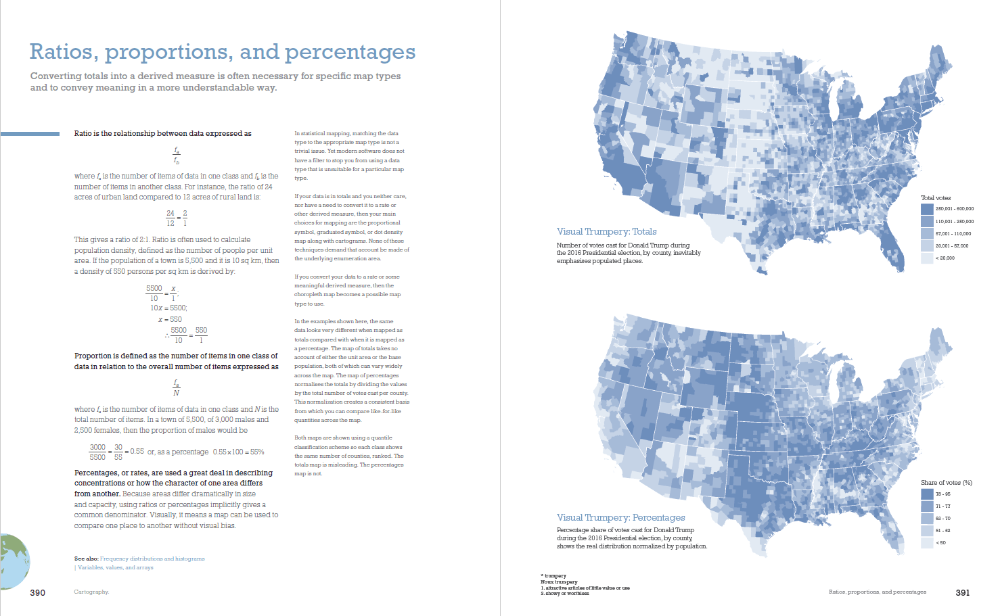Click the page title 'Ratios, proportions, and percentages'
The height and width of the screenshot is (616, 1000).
[x=223, y=52]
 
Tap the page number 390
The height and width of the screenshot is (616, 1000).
[x=38, y=592]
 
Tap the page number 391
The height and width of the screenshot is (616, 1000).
[x=962, y=592]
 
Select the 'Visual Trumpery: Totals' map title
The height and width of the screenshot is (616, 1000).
[x=606, y=231]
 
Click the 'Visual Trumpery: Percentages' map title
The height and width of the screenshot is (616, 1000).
[x=620, y=517]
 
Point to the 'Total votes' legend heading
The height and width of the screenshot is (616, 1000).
[x=935, y=198]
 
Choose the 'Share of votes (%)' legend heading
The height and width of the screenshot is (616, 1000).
[x=946, y=483]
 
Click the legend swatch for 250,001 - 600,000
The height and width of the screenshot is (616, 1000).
[x=927, y=209]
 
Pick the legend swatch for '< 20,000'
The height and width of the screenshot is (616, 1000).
[x=927, y=258]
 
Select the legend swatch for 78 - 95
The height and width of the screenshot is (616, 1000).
[x=927, y=494]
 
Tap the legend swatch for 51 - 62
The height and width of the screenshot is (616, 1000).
[x=927, y=530]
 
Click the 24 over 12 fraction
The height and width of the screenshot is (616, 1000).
[x=171, y=218]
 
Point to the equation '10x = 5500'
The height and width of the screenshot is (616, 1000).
[x=168, y=308]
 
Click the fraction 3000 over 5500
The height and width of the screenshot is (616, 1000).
[x=97, y=452]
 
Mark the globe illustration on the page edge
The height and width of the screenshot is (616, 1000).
[x=14, y=561]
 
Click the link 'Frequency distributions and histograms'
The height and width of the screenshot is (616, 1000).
[x=152, y=559]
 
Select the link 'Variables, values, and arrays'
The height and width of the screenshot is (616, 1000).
[x=116, y=567]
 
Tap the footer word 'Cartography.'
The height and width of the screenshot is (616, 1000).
[x=91, y=592]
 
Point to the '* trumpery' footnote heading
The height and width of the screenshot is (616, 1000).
[x=553, y=576]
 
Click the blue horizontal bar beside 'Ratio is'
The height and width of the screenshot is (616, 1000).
[x=30, y=134]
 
